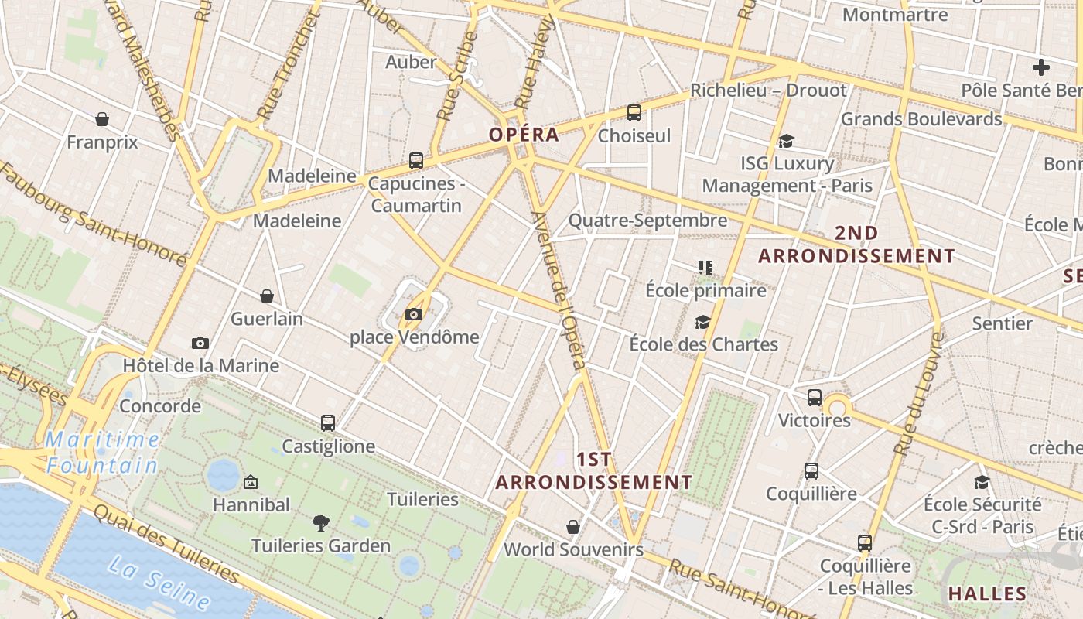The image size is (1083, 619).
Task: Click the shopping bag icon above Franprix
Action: [102, 119]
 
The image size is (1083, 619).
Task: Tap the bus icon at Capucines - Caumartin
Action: [416, 161]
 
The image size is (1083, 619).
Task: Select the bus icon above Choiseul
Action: [634, 113]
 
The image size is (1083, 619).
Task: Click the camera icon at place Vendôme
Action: [414, 314]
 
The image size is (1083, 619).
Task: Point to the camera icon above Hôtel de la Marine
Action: [200, 343]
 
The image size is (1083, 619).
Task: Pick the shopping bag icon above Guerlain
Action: [267, 296]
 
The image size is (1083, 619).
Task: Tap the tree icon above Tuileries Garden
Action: [320, 523]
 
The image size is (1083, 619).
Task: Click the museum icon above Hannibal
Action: [251, 482]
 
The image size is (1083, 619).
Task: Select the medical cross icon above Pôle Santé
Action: [1041, 67]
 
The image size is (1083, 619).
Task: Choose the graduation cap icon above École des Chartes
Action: [702, 322]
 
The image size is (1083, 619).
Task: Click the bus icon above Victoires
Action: [815, 398]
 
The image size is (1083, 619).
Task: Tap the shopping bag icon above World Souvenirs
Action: [573, 527]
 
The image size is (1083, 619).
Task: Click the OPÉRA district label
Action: [524, 135]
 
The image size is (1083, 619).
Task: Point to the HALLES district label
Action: [988, 594]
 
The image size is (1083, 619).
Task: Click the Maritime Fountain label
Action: [102, 453]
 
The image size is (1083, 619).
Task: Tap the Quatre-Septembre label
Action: [647, 221]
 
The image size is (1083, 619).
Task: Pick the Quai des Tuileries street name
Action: [166, 544]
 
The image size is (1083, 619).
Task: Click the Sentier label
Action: [1002, 323]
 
